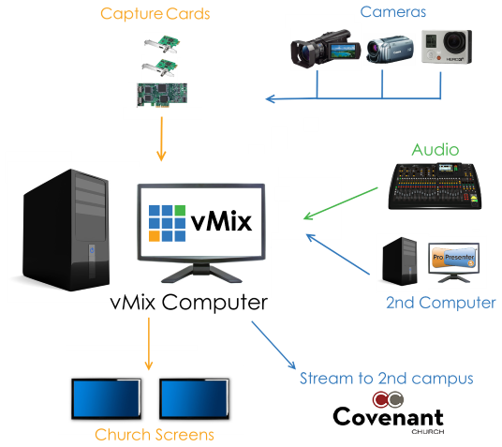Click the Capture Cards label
coord(155,14)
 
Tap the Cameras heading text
coord(392,12)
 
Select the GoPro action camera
coord(447,47)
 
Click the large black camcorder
coord(325,49)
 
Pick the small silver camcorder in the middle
coord(390,49)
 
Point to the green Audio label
coord(436,150)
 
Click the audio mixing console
coord(435,186)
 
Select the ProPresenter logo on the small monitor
coord(453,257)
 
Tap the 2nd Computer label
coord(440,303)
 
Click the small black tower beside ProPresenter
coord(400,261)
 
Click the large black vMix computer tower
coord(66,230)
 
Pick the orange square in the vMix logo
coord(155,236)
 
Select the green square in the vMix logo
coord(180,210)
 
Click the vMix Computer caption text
coord(189,302)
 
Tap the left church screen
coord(106,399)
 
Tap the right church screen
coord(194,399)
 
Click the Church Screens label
coord(155,435)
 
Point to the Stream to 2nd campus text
coord(387,379)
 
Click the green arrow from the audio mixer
coord(341,203)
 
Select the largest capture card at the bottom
coord(162,95)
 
